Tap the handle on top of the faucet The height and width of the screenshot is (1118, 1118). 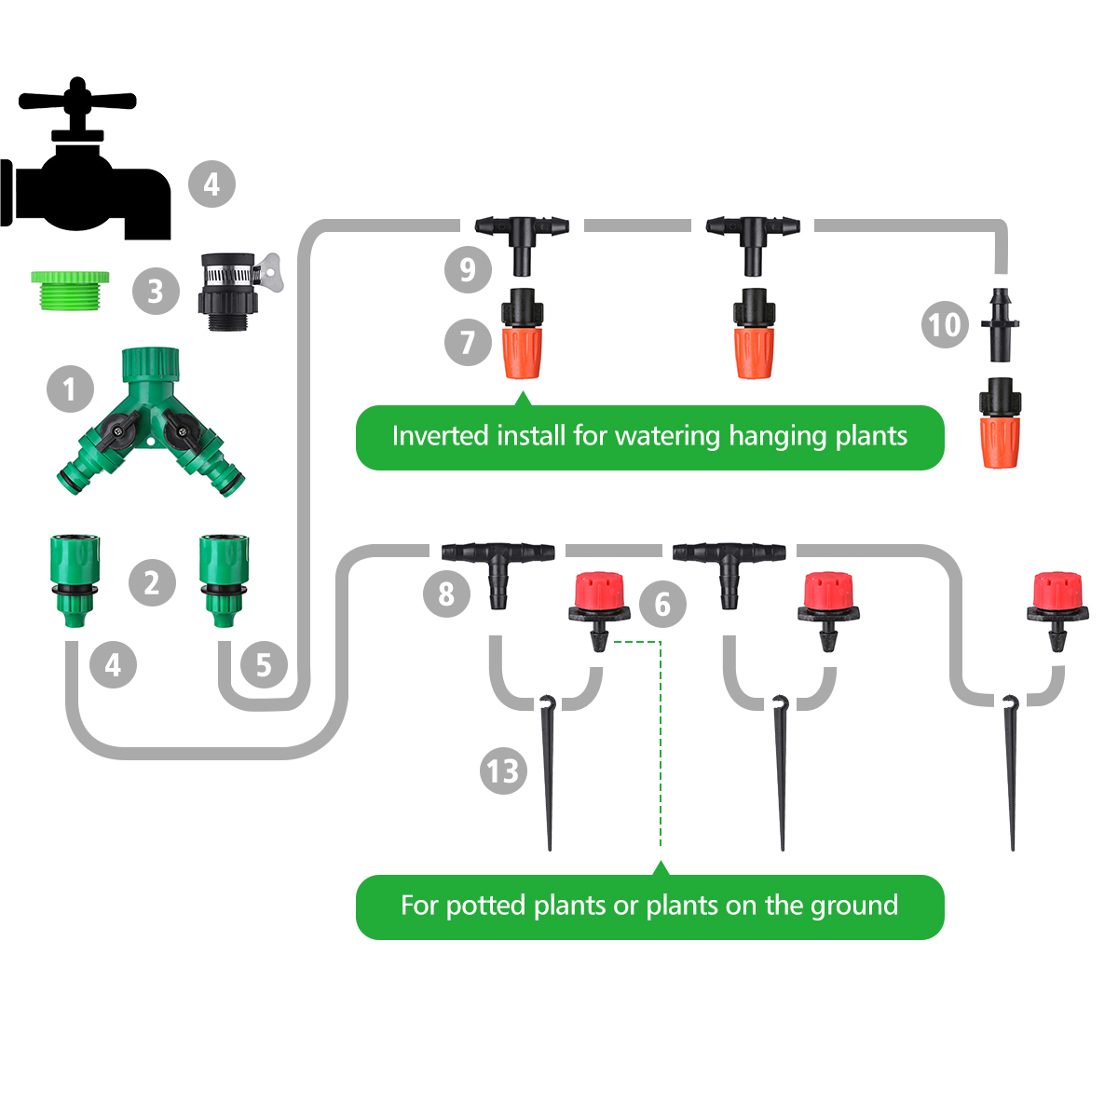[x=77, y=99]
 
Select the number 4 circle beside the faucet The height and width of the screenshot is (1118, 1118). [x=211, y=184]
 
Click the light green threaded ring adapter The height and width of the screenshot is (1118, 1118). [x=70, y=290]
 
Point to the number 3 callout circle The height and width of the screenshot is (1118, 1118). [x=156, y=292]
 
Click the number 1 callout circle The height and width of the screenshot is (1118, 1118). [x=70, y=389]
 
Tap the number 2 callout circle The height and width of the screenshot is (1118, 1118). [x=152, y=583]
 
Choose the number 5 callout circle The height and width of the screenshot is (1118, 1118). [x=264, y=665]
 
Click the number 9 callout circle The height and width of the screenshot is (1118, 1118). [x=468, y=270]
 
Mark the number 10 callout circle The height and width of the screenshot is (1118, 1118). [x=945, y=325]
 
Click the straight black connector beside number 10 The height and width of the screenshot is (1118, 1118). [x=1001, y=325]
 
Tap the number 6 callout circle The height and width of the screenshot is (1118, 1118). [x=662, y=605]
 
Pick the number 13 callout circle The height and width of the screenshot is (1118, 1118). [x=503, y=771]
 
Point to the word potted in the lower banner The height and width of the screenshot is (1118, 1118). [x=485, y=907]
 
